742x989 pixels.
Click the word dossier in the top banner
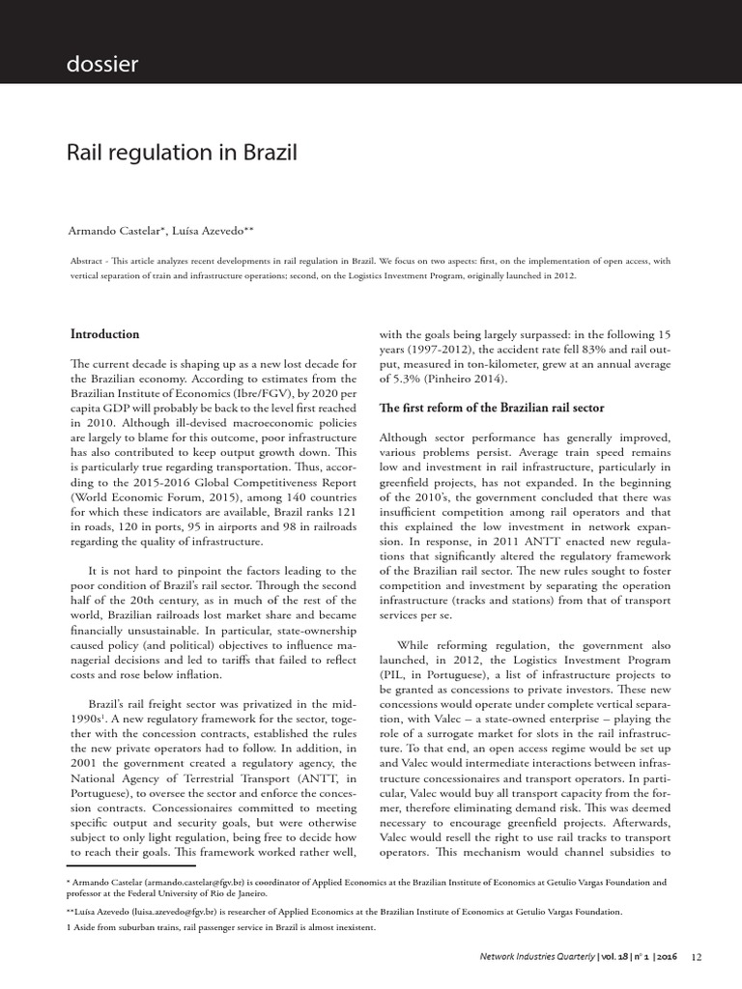102,65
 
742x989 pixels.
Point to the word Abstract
92,261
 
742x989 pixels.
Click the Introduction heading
105,334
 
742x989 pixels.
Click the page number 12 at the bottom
698,957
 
